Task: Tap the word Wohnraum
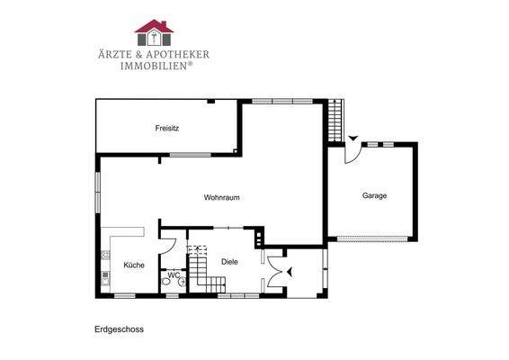tap(221, 197)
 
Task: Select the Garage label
tap(374, 195)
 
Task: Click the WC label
tap(174, 275)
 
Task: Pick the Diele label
tap(229, 262)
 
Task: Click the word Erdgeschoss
tap(119, 329)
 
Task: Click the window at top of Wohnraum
tap(274, 100)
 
